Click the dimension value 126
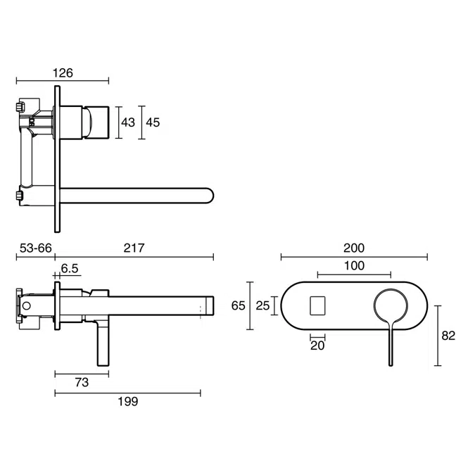[62, 72]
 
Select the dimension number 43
[128, 122]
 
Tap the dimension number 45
[153, 122]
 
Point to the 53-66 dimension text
[35, 248]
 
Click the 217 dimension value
[134, 248]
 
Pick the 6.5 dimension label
[70, 268]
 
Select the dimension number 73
[82, 383]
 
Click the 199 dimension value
[127, 402]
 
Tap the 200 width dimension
[354, 248]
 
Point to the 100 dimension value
[354, 266]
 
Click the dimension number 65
[239, 305]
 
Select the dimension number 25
[262, 305]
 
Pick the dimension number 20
[317, 346]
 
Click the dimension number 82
[448, 336]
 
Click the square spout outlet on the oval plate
[317, 305]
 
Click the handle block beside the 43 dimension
[96, 121]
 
